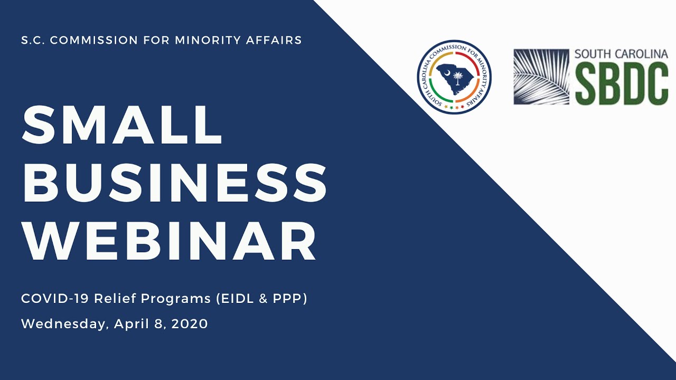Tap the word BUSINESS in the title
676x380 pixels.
174,183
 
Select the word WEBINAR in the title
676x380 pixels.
169,241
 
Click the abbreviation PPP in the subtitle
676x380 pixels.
287,298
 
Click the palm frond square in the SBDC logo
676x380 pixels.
541,77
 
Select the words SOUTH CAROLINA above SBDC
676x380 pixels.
621,54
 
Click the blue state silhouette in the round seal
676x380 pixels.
453,80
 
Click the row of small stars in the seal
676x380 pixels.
454,107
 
